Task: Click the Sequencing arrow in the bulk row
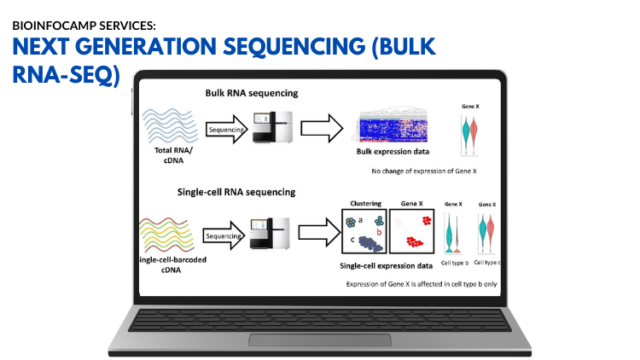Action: point(226,131)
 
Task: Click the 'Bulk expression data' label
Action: point(393,152)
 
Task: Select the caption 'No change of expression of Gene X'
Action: point(424,171)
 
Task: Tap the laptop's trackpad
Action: point(320,340)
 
